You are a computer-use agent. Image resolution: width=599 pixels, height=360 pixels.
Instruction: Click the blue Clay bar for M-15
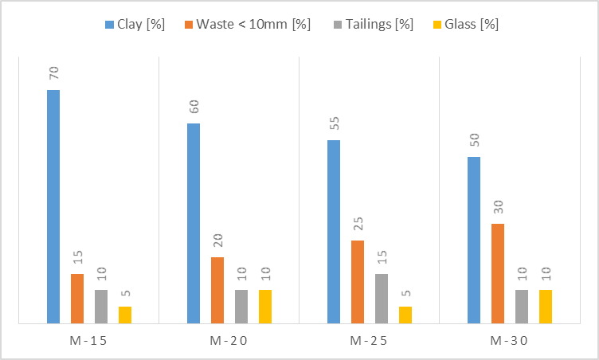click(53, 207)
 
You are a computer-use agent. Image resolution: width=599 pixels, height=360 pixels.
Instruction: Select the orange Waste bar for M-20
click(217, 291)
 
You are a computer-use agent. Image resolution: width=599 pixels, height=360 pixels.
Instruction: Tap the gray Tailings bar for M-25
click(382, 299)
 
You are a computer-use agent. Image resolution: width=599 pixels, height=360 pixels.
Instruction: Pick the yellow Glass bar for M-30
click(546, 307)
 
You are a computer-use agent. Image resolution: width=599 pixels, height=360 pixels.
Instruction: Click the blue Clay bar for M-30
click(474, 241)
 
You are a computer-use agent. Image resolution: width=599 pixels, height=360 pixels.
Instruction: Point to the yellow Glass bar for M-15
click(125, 315)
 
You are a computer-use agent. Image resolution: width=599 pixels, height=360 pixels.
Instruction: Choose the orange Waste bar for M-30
click(498, 274)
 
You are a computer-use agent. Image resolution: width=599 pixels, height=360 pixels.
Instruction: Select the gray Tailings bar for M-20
click(241, 307)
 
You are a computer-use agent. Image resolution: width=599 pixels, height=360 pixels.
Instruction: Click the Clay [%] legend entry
click(135, 24)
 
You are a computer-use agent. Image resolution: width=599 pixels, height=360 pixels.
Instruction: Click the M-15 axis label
click(88, 342)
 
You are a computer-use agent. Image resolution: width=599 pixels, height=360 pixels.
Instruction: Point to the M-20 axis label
click(229, 342)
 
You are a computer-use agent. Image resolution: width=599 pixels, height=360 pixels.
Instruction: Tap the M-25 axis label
click(369, 342)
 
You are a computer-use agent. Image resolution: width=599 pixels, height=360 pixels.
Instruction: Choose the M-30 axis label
click(509, 342)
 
